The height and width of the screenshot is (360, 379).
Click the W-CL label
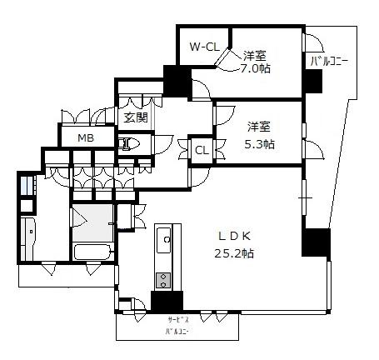click(204, 47)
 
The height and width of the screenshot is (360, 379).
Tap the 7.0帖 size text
click(255, 68)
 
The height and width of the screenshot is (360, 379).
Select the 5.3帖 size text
click(259, 144)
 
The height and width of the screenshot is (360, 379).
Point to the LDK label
click(234, 237)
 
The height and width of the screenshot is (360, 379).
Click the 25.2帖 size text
click(234, 253)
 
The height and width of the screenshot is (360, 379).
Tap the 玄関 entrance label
click(135, 117)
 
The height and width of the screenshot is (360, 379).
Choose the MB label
click(86, 137)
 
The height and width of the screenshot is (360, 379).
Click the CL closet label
click(202, 151)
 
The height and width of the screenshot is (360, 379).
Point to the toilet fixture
click(129, 143)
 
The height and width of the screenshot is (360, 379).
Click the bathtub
click(92, 252)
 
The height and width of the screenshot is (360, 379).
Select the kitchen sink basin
click(164, 240)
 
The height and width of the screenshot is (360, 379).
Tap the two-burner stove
click(163, 280)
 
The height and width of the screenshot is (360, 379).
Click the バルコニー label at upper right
click(329, 62)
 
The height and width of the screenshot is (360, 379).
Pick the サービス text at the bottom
click(178, 320)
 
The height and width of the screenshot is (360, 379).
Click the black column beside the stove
click(167, 302)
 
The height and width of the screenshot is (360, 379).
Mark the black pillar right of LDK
click(316, 242)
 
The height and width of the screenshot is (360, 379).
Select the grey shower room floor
click(92, 223)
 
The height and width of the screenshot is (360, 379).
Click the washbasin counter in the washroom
click(28, 238)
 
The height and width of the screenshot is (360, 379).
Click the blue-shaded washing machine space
click(27, 185)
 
